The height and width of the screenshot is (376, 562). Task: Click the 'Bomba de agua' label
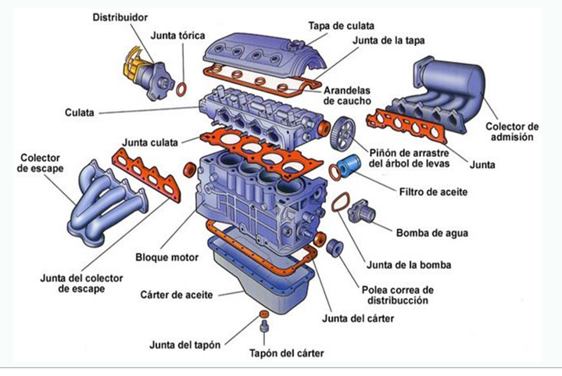click(428, 232)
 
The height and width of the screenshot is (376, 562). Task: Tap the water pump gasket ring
click(338, 204)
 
